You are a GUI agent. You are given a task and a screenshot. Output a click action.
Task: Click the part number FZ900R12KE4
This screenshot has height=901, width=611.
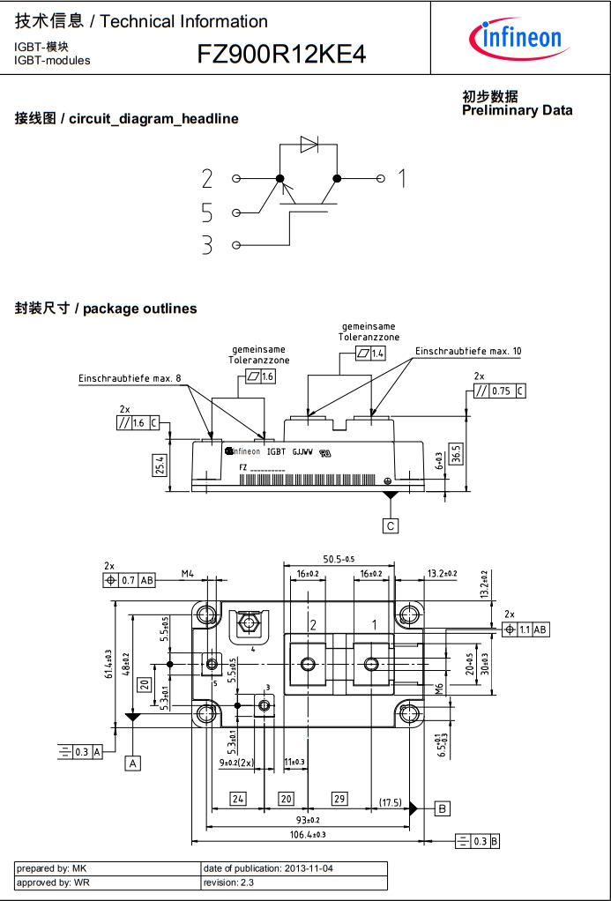[281, 56]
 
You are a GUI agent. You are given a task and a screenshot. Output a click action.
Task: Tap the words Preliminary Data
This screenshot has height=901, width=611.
[517, 110]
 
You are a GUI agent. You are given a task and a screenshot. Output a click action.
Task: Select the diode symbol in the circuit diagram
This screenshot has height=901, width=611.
[309, 145]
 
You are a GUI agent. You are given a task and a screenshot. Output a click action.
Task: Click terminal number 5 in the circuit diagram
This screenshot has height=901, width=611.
[207, 212]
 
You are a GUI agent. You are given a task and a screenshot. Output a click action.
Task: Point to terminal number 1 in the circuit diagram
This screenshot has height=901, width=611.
[402, 179]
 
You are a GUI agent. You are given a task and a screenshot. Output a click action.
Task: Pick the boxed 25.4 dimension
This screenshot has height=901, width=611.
[160, 465]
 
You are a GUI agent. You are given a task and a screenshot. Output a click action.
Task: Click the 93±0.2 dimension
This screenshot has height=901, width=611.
[307, 821]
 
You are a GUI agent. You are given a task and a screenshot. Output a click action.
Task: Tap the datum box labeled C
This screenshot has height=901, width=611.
[391, 526]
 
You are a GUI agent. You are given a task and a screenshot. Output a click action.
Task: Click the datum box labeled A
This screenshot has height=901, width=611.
[133, 763]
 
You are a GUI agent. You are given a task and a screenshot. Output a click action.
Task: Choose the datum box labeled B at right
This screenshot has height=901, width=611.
[443, 808]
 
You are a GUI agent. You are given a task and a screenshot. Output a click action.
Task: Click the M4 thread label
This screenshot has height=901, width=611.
[188, 574]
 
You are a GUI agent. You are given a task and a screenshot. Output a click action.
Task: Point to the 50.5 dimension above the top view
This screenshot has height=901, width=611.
[338, 559]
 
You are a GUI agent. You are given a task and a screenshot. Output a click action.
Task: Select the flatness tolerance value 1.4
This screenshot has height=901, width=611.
[378, 353]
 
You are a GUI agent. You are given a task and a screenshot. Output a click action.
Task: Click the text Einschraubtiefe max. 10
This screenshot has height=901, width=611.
[468, 351]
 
